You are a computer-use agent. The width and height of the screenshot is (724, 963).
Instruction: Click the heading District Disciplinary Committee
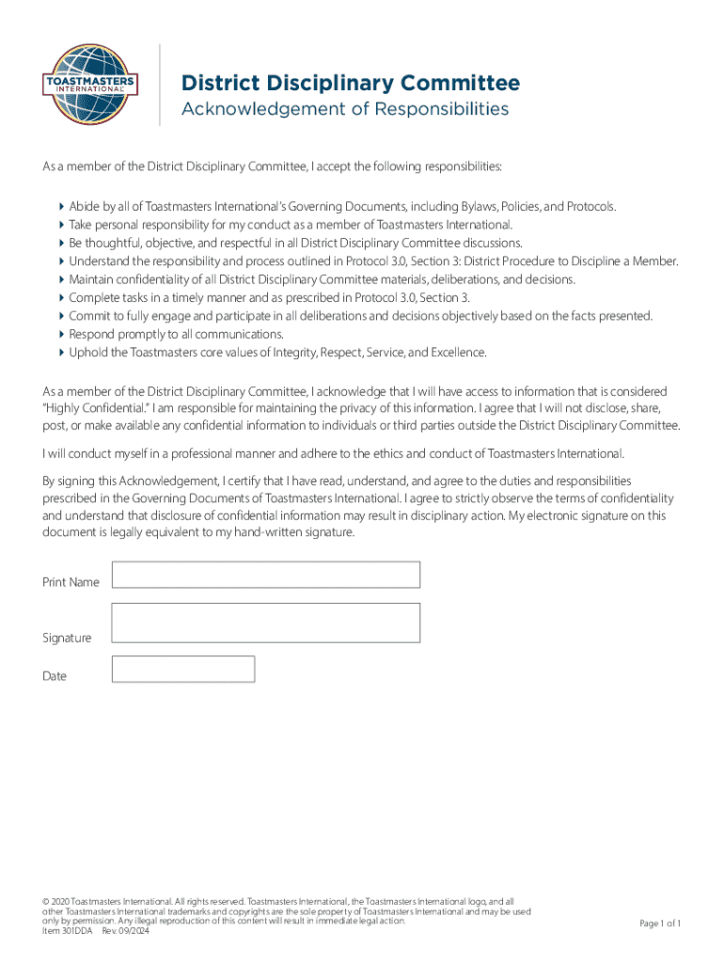350,84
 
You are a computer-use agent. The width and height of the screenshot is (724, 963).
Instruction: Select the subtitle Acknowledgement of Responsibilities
344,109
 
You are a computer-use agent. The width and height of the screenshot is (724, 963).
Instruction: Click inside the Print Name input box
265,575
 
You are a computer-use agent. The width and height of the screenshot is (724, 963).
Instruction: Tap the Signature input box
265,623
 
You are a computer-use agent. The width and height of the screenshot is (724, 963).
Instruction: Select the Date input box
182,669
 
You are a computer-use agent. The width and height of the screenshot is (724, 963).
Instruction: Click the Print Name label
71,582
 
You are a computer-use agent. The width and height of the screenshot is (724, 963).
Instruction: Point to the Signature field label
67,639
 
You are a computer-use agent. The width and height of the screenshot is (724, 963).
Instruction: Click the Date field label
55,676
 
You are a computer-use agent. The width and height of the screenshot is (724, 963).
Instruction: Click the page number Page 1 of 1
660,924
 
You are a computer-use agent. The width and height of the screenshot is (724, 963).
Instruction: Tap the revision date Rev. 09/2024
125,931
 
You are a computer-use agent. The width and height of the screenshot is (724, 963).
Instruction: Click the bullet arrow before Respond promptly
62,335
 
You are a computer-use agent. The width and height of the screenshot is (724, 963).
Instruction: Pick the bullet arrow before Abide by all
62,206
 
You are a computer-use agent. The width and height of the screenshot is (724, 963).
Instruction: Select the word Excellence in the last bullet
457,353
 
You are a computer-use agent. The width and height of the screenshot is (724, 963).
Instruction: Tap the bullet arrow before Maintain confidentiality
62,279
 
